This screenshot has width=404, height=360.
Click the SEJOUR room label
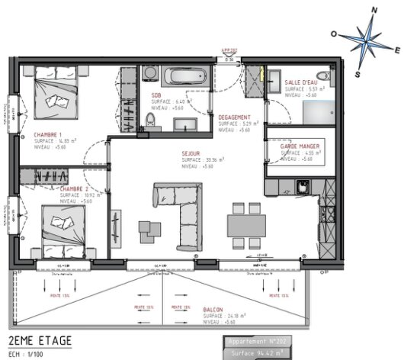tap(191, 153)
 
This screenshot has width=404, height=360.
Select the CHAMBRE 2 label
tap(75, 188)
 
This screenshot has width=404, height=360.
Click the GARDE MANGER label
tap(300, 145)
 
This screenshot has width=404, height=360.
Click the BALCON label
tap(213, 310)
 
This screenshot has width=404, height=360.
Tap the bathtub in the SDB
tap(185, 77)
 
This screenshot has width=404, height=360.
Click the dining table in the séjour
tap(247, 224)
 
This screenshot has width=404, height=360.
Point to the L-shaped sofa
tap(183, 210)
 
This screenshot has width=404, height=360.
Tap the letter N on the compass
tap(374, 9)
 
